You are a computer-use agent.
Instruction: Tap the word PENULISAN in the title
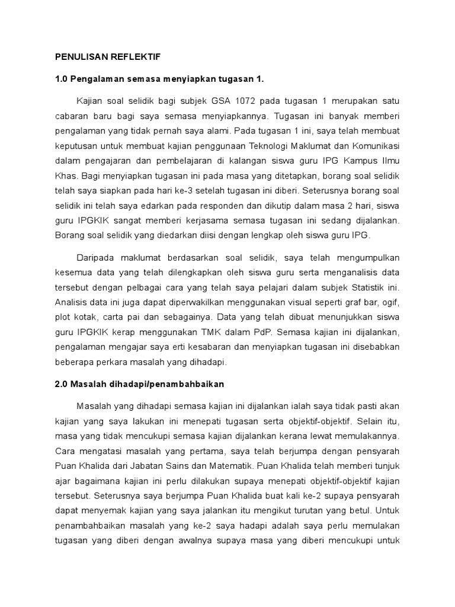click(x=81, y=57)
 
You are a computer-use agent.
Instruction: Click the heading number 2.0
click(x=62, y=384)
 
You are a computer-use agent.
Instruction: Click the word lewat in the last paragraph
click(x=329, y=436)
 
